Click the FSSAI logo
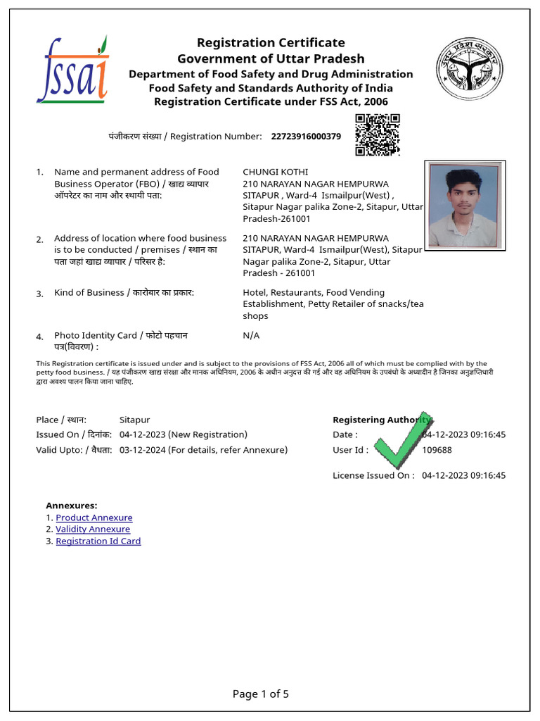[x=72, y=70]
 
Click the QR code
[x=377, y=134]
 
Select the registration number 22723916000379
[x=306, y=136]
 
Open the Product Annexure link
[x=94, y=518]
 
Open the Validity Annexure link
[x=93, y=529]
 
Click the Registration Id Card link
[x=98, y=541]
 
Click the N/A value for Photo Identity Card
[x=251, y=335]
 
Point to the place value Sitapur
[x=134, y=420]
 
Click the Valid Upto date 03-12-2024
[x=143, y=450]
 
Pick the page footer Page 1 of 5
[x=260, y=694]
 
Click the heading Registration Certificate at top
[x=271, y=43]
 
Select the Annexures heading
[x=72, y=506]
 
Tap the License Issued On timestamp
[x=463, y=475]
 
